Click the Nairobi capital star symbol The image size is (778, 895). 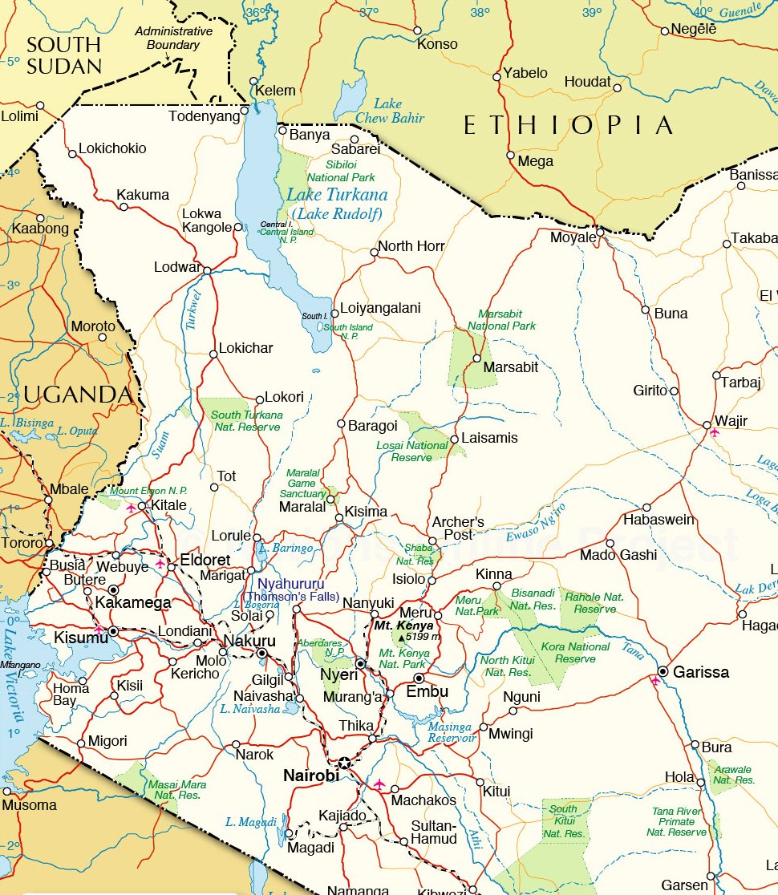tap(345, 763)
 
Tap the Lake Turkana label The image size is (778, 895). tap(337, 195)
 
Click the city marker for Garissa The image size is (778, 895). tap(663, 671)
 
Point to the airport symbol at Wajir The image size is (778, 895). tap(715, 432)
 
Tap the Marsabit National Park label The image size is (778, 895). tap(502, 320)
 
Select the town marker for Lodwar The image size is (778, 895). tap(207, 270)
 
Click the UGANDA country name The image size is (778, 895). tap(77, 394)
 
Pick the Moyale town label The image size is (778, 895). tap(573, 238)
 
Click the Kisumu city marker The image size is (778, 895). tap(114, 631)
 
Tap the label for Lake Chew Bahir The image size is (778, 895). tap(389, 111)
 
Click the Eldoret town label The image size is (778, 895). tap(205, 559)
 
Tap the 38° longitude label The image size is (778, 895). tap(480, 12)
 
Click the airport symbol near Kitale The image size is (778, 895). tap(131, 508)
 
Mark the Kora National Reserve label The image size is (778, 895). tap(576, 652)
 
